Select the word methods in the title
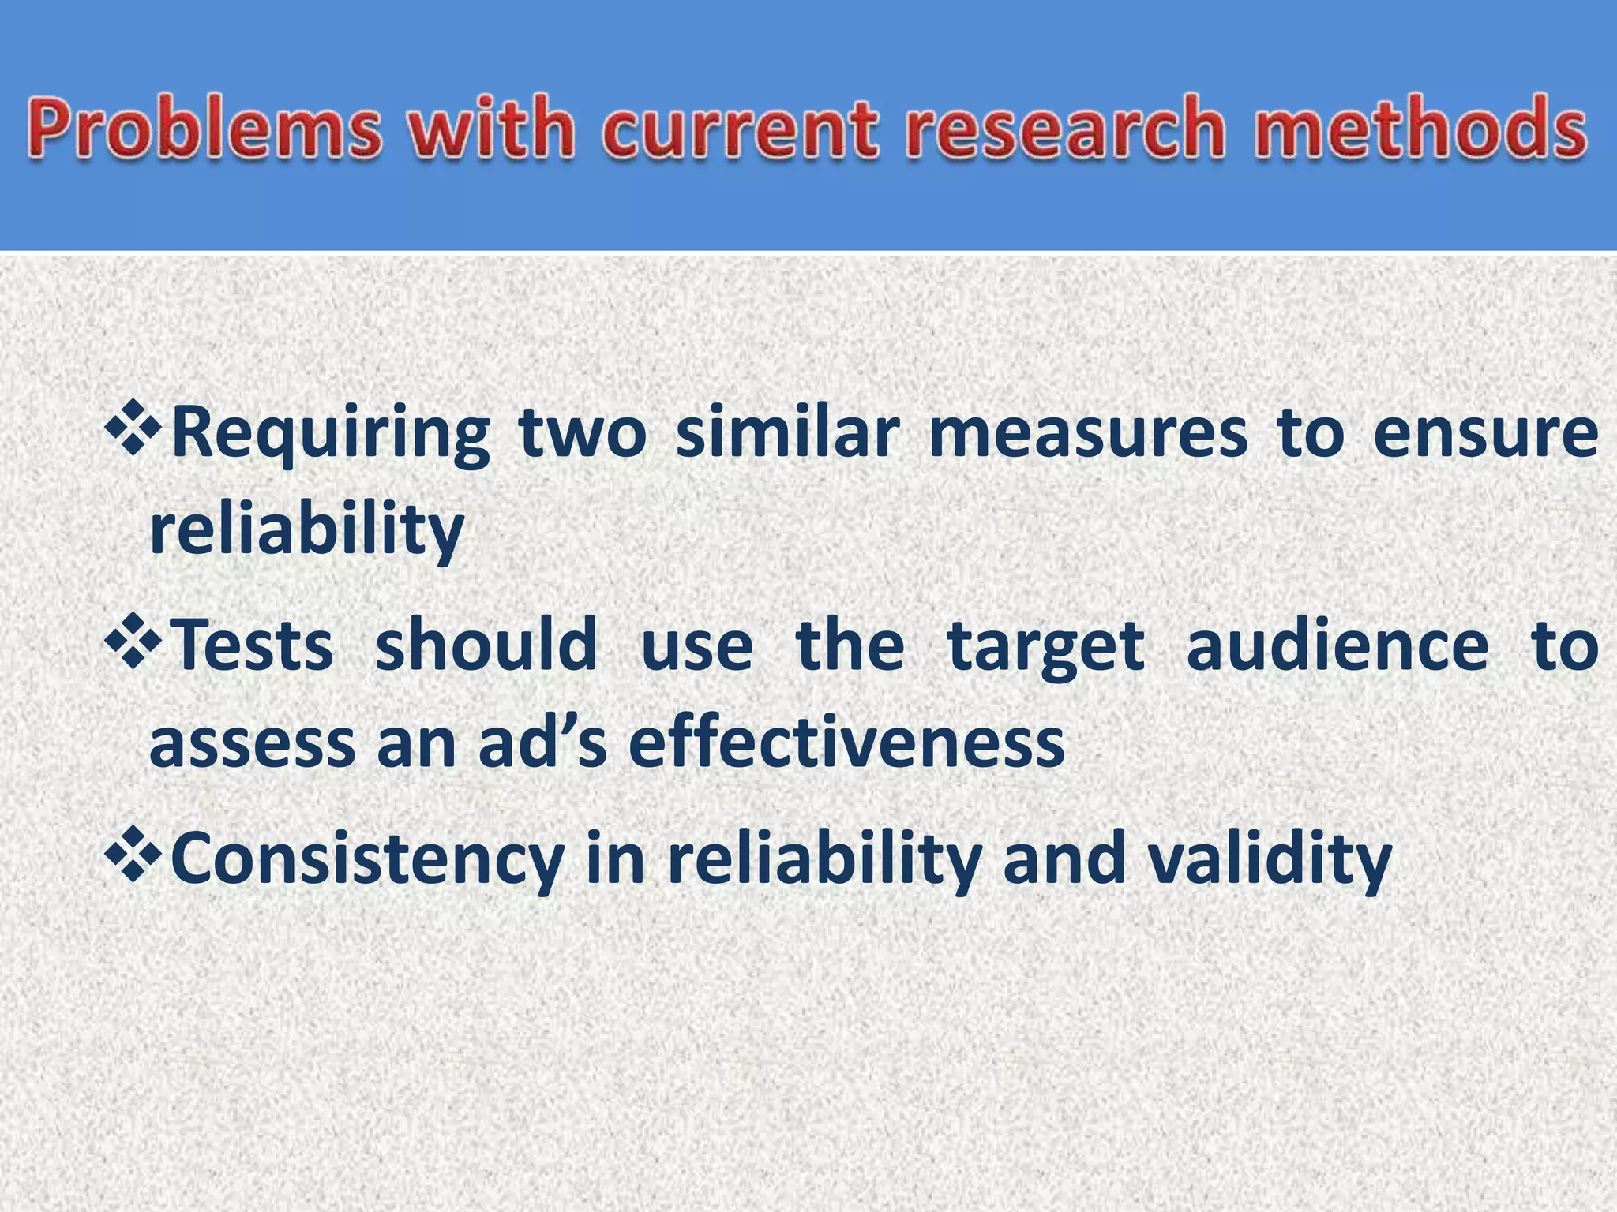[1421, 129]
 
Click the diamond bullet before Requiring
[133, 428]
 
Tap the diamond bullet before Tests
[133, 642]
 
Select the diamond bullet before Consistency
[133, 855]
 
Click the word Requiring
[331, 436]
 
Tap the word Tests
[253, 646]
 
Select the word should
[486, 646]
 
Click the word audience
[1337, 646]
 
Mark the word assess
[252, 743]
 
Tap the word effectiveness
[846, 743]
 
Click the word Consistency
[368, 861]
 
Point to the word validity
[1269, 861]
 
